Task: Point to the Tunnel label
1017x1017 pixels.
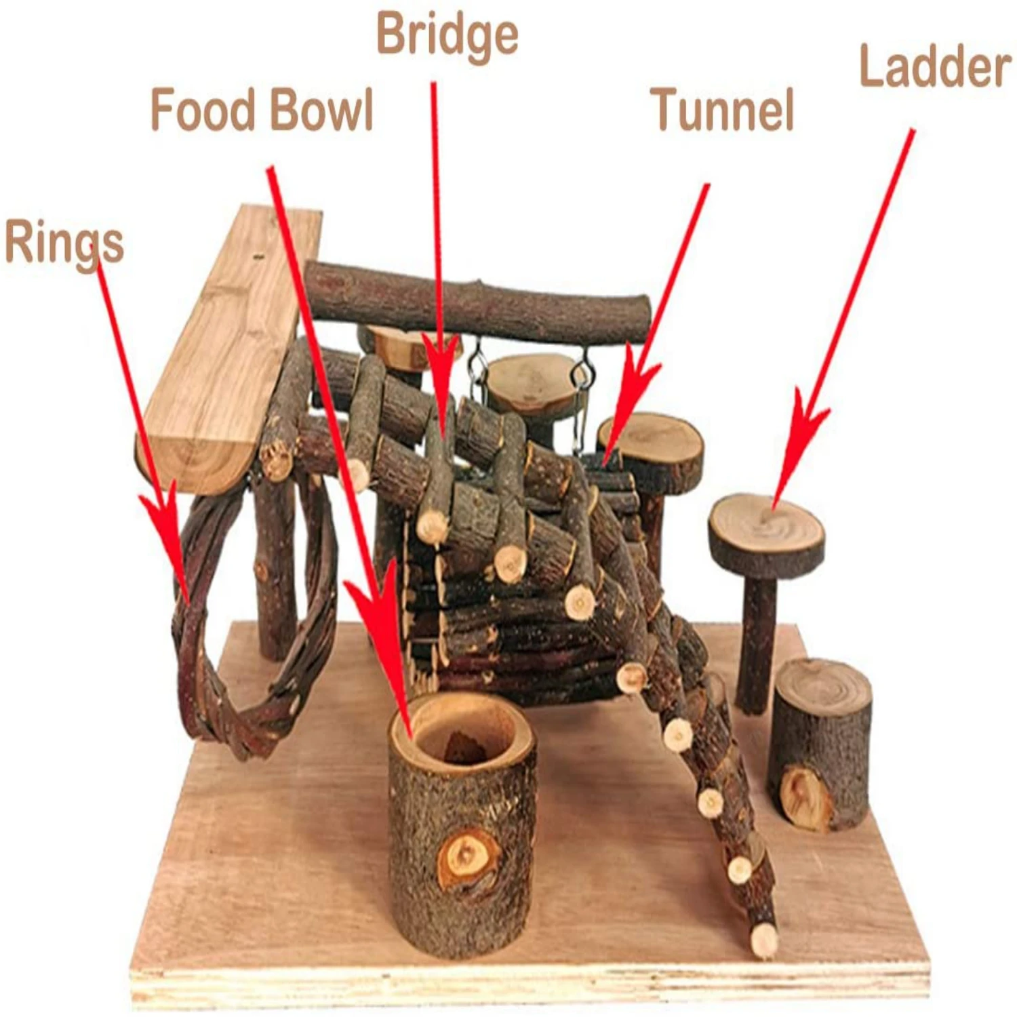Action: pos(722,110)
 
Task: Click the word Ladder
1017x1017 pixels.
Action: pos(935,67)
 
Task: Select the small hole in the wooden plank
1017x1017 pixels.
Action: pos(257,257)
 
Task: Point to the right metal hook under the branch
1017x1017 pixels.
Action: pos(580,370)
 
